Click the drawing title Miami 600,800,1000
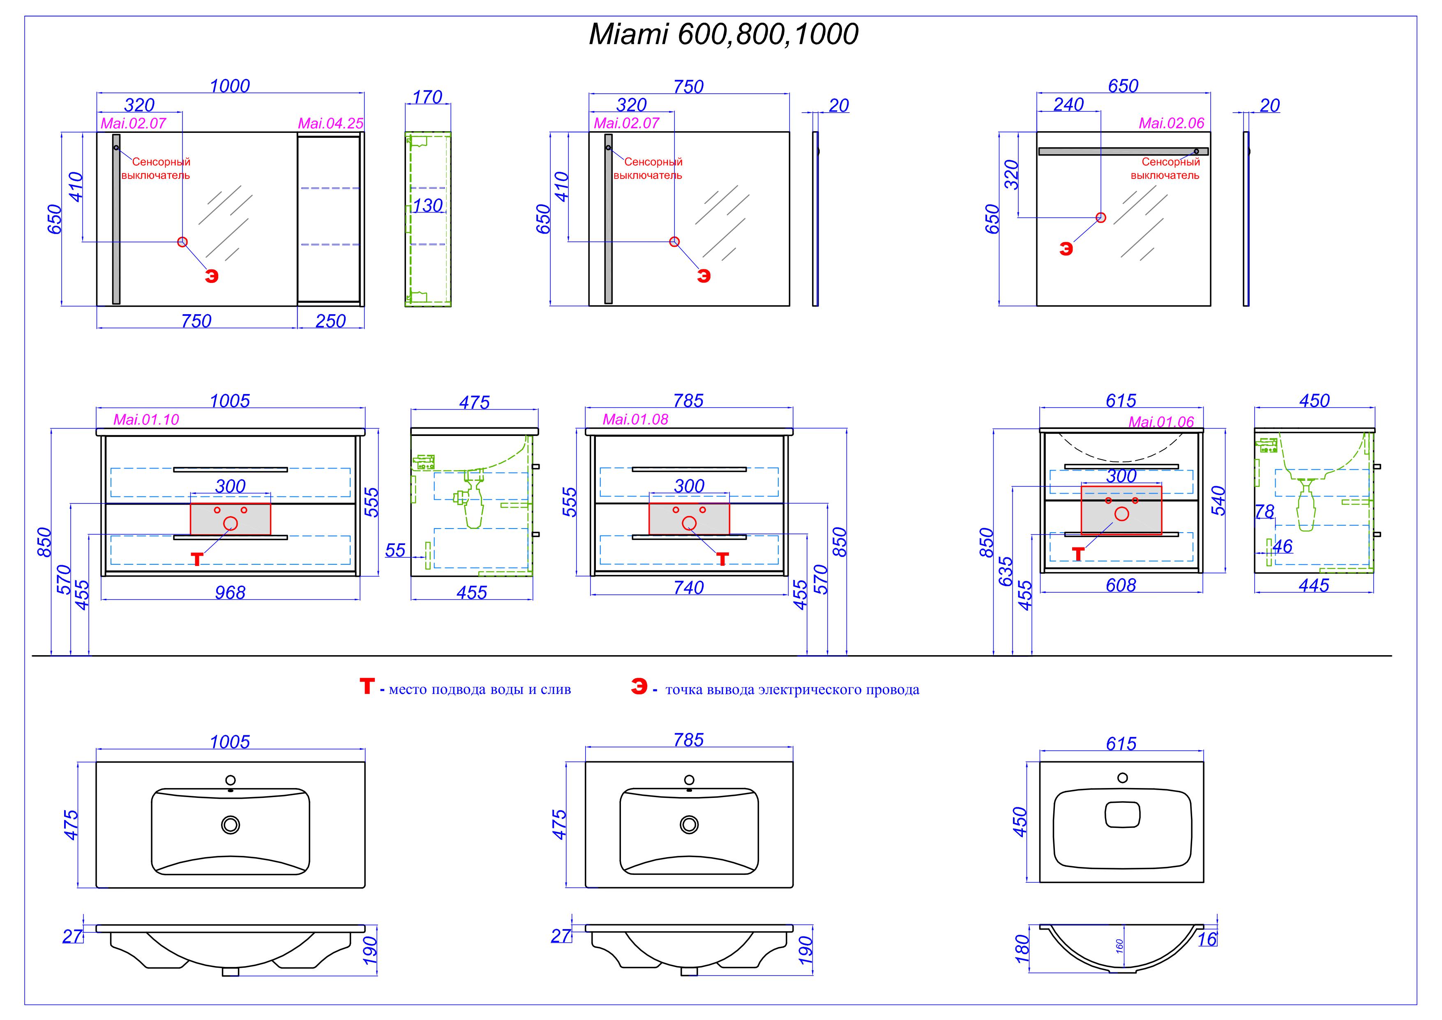coord(723,34)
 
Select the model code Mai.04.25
coord(330,123)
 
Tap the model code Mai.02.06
coord(1171,123)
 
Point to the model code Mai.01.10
coord(146,419)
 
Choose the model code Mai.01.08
coord(636,419)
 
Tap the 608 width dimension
coord(1121,585)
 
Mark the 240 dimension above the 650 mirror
coord(1068,104)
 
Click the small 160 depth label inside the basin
coord(1119,946)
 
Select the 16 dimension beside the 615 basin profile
coord(1207,939)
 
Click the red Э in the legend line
coord(639,687)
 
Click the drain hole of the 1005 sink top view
coord(231,825)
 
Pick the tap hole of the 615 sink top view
coord(1122,778)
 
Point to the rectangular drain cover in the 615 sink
coord(1122,814)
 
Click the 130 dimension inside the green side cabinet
coord(428,206)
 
